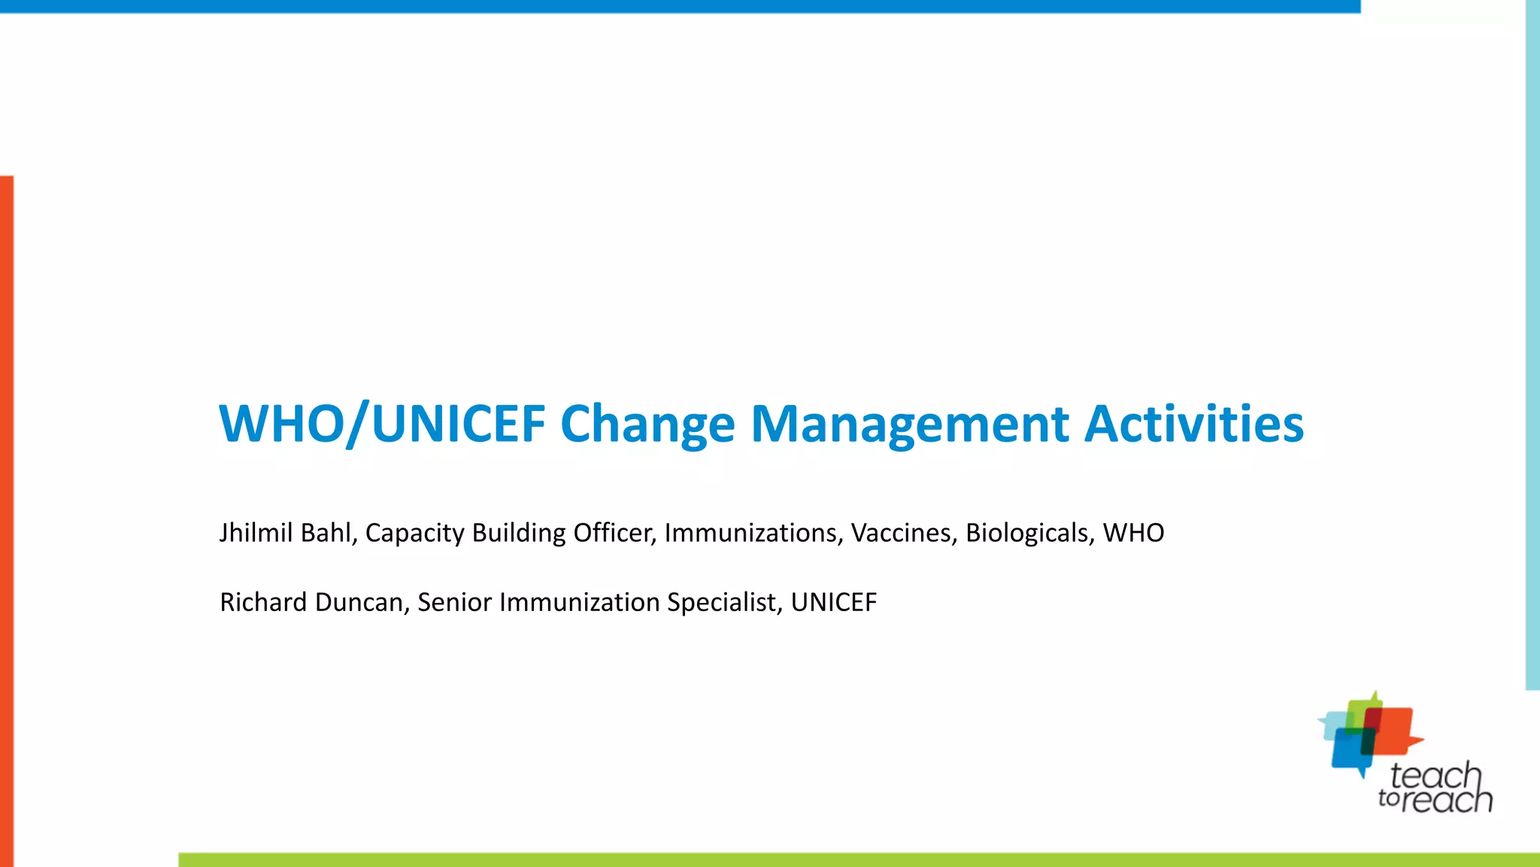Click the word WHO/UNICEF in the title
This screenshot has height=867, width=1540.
[x=382, y=424]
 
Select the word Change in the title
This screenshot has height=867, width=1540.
[x=647, y=424]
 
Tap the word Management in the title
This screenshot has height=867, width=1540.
[x=909, y=424]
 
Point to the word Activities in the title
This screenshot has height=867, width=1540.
[x=1193, y=424]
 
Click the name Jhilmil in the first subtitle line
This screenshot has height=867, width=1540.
[x=256, y=533]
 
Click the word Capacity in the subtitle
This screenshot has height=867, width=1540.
[x=414, y=533]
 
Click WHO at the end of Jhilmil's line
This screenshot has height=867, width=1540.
[x=1133, y=533]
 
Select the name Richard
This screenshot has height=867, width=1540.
[x=263, y=602]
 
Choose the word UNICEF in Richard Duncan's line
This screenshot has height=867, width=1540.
[x=833, y=602]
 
